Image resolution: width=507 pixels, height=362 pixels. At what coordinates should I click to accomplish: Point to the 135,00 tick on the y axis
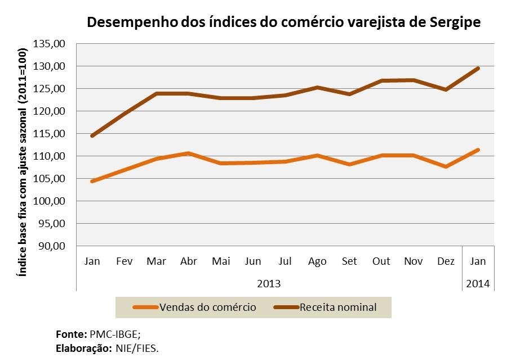(50, 44)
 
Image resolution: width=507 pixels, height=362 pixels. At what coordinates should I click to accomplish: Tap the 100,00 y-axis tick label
(50, 201)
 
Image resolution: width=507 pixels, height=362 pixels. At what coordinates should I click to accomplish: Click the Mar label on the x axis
(155, 261)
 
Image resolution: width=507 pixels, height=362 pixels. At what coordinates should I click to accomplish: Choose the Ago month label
(317, 261)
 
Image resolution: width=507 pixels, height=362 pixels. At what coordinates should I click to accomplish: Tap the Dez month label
(446, 261)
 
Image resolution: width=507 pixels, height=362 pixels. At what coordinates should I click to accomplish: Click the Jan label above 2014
(478, 261)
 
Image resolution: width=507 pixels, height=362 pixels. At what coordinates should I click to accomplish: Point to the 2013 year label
(269, 283)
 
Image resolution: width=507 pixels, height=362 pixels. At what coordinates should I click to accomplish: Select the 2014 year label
(478, 283)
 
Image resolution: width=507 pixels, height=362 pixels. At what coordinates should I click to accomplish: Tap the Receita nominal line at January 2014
(478, 68)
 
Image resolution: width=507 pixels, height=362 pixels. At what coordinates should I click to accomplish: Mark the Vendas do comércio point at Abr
(188, 153)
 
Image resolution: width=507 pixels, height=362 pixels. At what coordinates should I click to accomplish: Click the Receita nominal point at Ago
(317, 87)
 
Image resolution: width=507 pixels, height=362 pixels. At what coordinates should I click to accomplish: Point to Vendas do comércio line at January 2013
(91, 181)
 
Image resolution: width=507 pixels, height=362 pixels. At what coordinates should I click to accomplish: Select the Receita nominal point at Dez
(446, 89)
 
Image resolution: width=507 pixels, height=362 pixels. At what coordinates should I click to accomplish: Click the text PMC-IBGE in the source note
(107, 333)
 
